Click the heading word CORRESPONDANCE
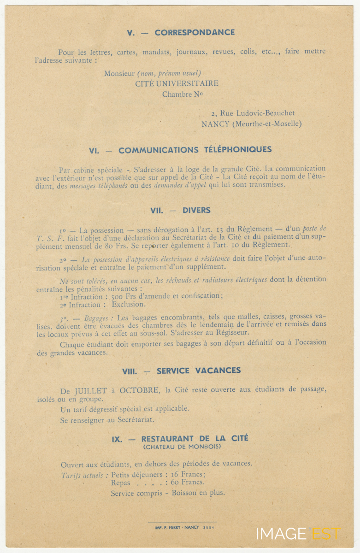pyautogui.click(x=195, y=33)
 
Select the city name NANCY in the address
pyautogui.click(x=215, y=124)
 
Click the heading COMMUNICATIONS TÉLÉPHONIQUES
pyautogui.click(x=195, y=150)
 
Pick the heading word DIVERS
pyautogui.click(x=196, y=210)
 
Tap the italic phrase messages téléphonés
pyautogui.click(x=98, y=185)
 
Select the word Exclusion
pyautogui.click(x=129, y=305)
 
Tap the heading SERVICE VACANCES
pyautogui.click(x=199, y=371)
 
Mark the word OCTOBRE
pyautogui.click(x=140, y=390)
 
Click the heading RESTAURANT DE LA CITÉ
pyautogui.click(x=195, y=439)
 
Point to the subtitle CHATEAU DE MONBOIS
pyautogui.click(x=182, y=447)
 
